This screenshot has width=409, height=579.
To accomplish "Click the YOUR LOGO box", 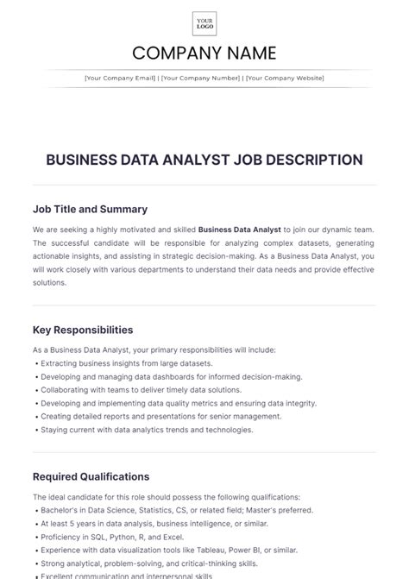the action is coord(204,23).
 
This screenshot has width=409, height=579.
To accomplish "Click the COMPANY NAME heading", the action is coord(204,53).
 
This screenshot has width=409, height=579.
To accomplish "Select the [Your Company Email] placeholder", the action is coord(120,78).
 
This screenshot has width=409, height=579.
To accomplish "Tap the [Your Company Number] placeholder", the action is coord(201,78).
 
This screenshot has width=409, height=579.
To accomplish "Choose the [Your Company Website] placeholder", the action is coord(285,78).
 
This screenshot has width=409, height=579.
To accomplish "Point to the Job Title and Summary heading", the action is coord(90,209).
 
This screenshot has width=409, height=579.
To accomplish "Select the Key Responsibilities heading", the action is coord(83,330).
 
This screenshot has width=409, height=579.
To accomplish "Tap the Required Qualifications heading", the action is coord(91,476).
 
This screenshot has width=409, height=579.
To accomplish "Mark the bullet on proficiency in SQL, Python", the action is coord(112,537).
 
